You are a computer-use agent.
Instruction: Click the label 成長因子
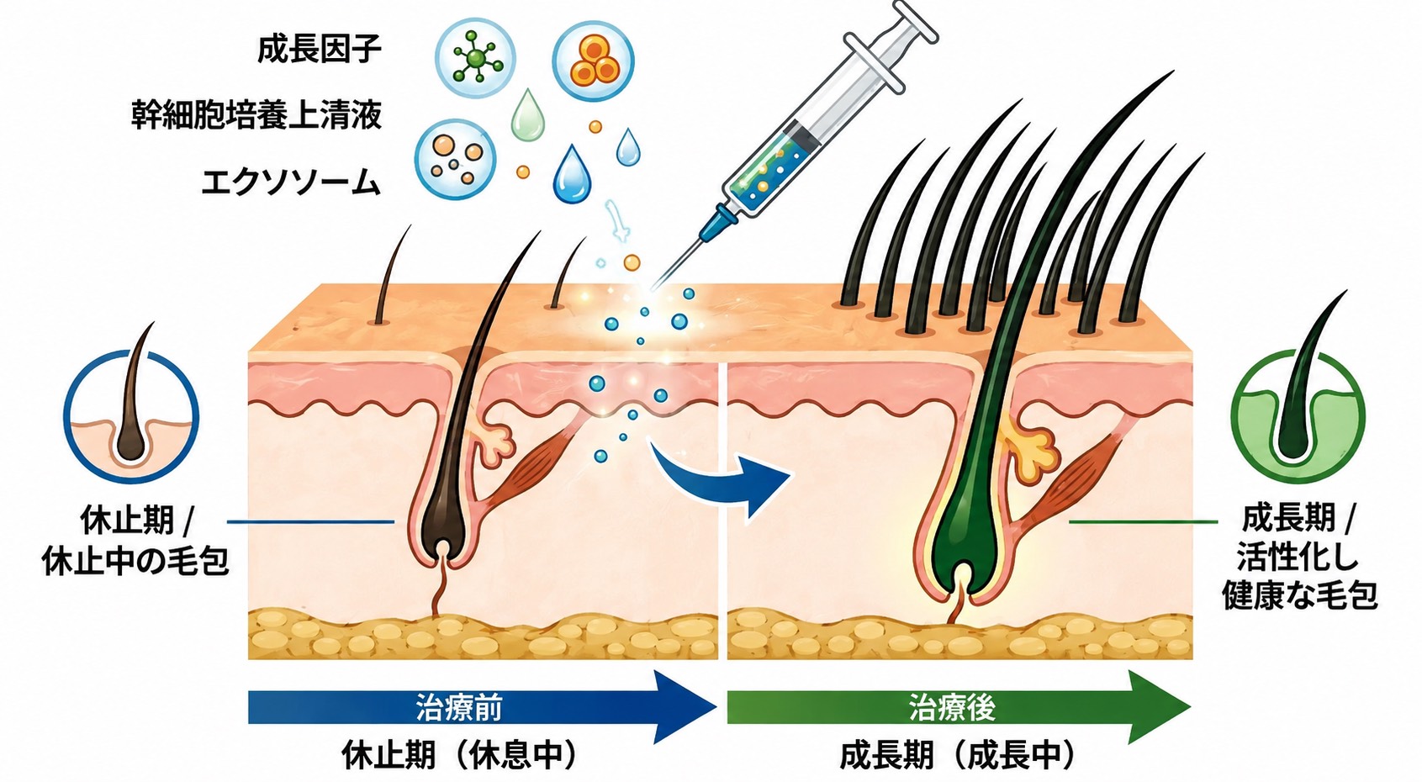click(x=320, y=49)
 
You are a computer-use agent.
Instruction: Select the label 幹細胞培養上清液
click(x=256, y=115)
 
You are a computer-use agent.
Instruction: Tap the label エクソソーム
click(x=291, y=182)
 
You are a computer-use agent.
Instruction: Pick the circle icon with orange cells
click(x=593, y=61)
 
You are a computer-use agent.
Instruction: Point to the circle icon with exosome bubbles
click(x=455, y=159)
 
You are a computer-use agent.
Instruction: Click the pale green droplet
click(x=527, y=115)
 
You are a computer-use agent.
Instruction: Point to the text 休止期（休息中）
click(x=460, y=755)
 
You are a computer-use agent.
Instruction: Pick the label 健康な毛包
click(x=1299, y=597)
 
